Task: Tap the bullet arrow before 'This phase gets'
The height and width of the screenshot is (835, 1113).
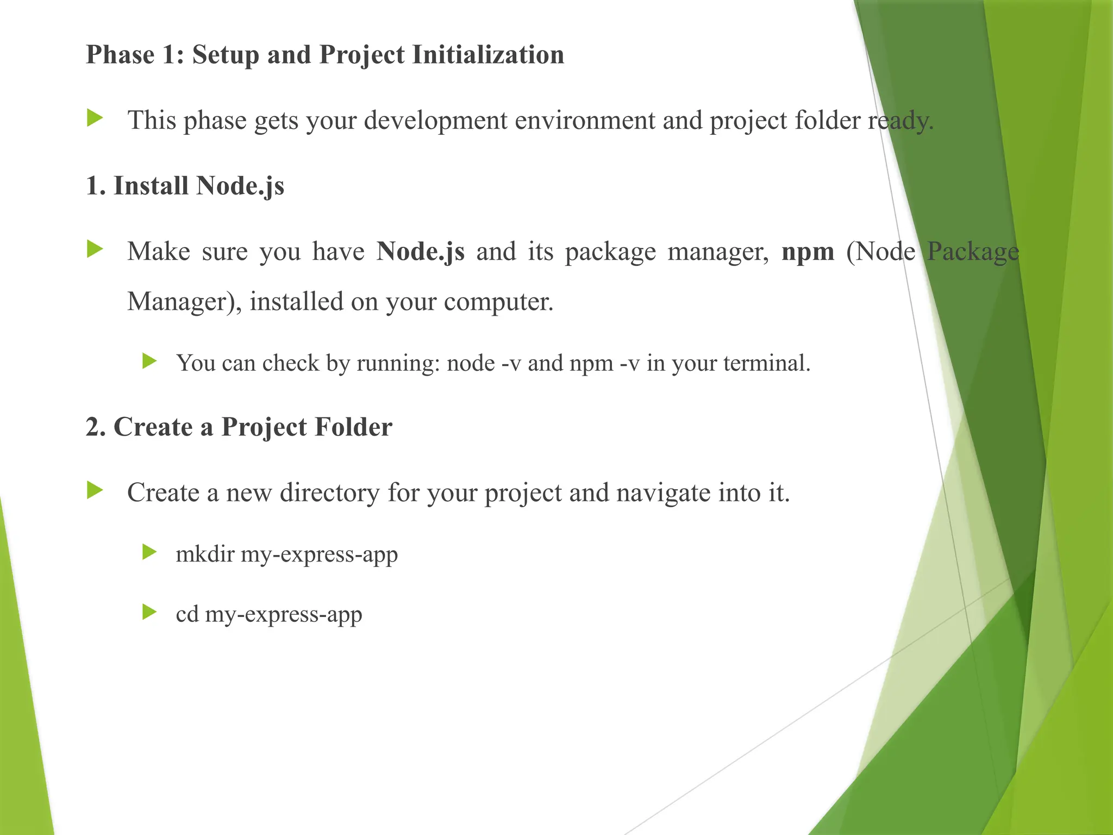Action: [x=95, y=118]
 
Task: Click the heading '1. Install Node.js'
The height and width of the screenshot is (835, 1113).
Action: [x=185, y=186]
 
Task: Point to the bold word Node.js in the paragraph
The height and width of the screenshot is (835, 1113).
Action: [x=421, y=251]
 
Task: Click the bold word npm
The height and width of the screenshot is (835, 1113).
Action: [x=808, y=252]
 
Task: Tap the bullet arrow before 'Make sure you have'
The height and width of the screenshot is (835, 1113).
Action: [x=95, y=250]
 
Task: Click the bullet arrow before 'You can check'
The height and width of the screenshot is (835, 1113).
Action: [x=149, y=361]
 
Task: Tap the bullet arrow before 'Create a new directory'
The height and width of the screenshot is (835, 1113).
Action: [x=95, y=490]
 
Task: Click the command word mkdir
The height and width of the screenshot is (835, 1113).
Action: [x=205, y=554]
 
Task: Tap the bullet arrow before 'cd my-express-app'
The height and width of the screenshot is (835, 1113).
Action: [x=149, y=613]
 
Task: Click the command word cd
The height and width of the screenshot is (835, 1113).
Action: [x=187, y=615]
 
